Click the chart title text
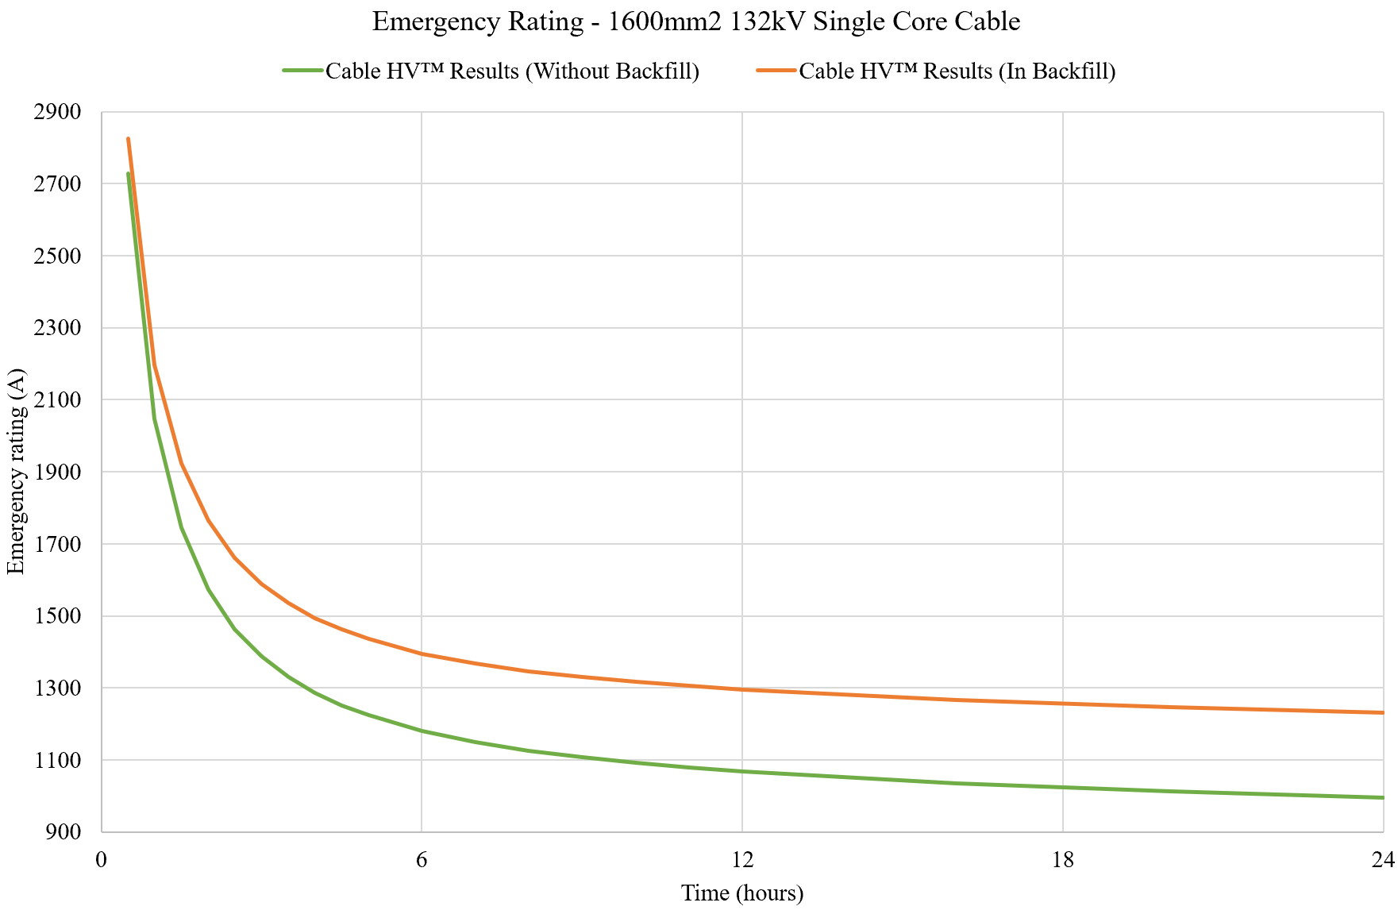(695, 21)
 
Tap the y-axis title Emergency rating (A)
(16, 472)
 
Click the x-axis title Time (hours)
(742, 893)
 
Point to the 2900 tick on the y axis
(58, 112)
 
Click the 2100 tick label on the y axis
(58, 400)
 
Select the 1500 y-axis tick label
(58, 616)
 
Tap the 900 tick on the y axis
(64, 832)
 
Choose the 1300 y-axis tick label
(58, 688)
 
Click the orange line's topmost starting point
(128, 139)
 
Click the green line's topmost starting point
(128, 173)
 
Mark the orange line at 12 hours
(742, 689)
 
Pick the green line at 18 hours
(1062, 787)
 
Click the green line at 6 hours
(422, 731)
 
